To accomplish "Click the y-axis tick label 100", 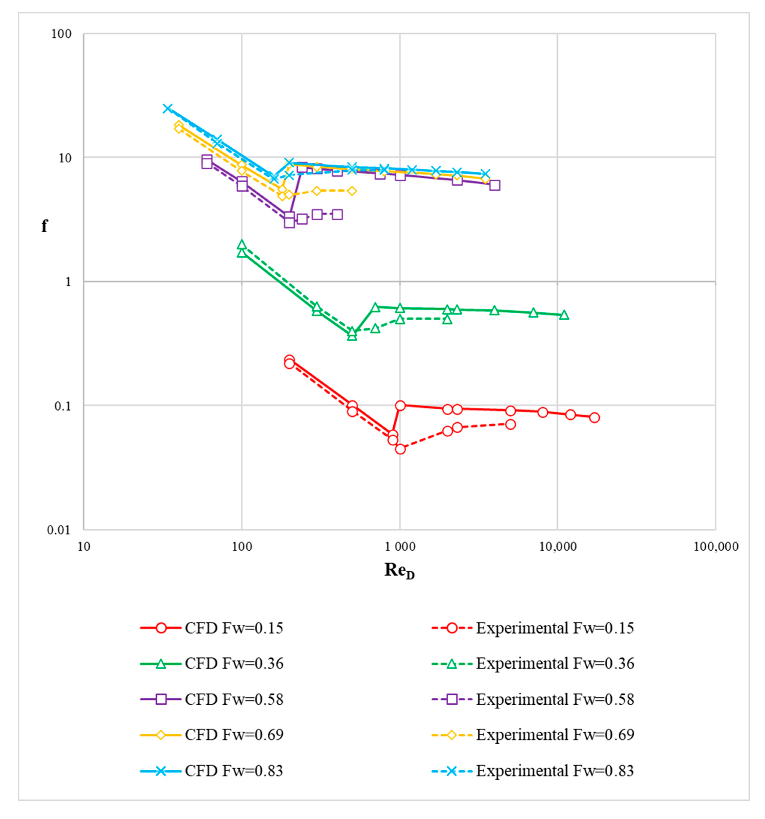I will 61,34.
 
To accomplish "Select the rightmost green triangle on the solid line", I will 564,315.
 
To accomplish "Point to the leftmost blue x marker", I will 167,108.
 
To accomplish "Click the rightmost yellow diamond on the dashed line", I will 352,191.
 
